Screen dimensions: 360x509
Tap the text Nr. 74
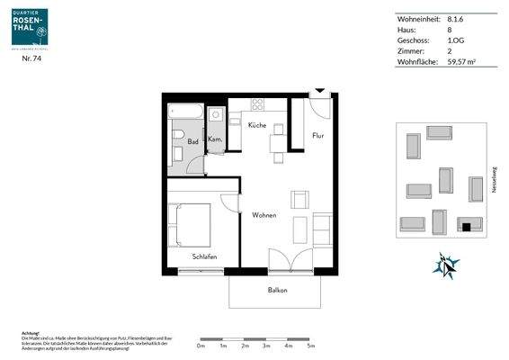pos(32,58)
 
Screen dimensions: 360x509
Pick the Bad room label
pos(192,141)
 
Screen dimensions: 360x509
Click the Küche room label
pos(257,125)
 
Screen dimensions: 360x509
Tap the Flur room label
pos(317,136)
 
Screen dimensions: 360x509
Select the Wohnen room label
pos(263,215)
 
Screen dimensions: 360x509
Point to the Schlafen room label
pos(204,256)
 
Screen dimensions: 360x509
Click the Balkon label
pos(277,290)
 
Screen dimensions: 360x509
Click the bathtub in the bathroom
pos(187,112)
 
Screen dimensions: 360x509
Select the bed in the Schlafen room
pos(191,225)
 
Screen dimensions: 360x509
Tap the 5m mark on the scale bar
pos(310,346)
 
